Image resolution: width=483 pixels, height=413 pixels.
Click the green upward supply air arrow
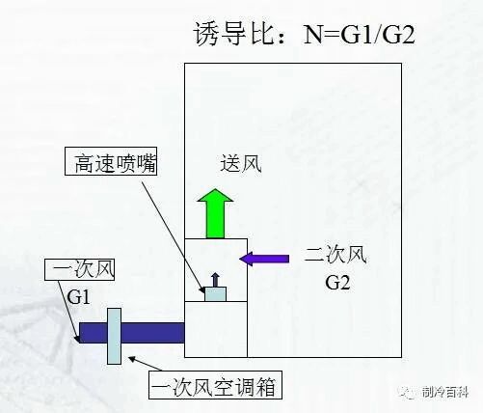[x=215, y=214]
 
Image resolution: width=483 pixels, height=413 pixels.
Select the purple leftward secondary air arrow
[x=264, y=259]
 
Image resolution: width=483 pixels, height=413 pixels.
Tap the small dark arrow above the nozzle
[x=215, y=280]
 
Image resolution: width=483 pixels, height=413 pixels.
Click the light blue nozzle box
[x=215, y=294]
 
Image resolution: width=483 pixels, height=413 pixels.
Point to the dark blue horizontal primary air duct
[x=132, y=333]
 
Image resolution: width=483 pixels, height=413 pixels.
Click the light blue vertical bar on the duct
[x=114, y=336]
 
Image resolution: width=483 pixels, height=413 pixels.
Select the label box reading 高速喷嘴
[x=111, y=161]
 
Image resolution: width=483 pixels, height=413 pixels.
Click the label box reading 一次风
[x=79, y=269]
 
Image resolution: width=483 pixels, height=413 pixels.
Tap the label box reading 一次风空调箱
[x=215, y=385]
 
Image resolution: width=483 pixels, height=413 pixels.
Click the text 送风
[x=241, y=163]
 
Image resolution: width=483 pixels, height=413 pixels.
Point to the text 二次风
[x=335, y=256]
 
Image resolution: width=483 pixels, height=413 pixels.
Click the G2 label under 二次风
[x=337, y=283]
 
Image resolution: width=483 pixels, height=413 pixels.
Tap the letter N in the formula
[x=313, y=34]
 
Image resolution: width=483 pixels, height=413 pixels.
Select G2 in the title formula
[x=398, y=34]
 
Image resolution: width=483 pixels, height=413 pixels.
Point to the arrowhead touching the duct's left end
[x=77, y=339]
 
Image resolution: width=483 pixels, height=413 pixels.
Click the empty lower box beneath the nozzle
[x=216, y=329]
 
